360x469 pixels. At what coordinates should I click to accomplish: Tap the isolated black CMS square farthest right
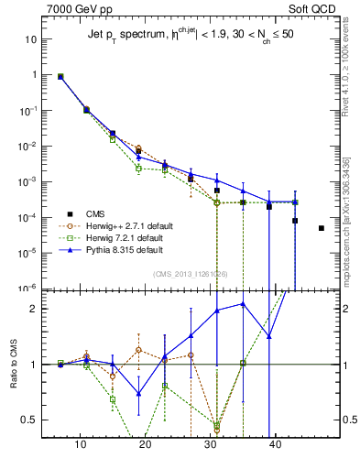tap(321, 228)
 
